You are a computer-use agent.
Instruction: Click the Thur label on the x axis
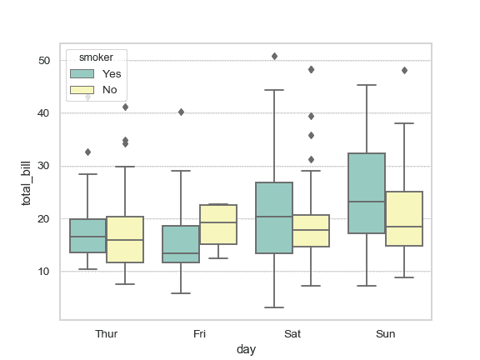(x=107, y=334)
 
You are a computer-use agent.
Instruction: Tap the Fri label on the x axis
(x=199, y=334)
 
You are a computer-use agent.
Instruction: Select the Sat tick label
(x=292, y=334)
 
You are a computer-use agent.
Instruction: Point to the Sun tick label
(x=385, y=334)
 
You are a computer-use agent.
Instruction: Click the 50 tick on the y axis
(x=46, y=61)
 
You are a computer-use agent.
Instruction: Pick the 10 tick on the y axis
(x=46, y=272)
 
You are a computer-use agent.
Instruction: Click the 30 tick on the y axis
(x=46, y=166)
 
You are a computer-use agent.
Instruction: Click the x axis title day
(x=246, y=350)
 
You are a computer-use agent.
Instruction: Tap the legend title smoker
(x=97, y=57)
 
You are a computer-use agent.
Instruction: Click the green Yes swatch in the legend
(x=81, y=73)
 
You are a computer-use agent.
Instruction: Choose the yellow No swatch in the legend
(x=81, y=89)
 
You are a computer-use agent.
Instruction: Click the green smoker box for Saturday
(x=273, y=217)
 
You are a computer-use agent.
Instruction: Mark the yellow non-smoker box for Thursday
(x=125, y=239)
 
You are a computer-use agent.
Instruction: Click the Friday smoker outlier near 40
(x=181, y=112)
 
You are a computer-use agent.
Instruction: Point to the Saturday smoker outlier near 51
(x=274, y=56)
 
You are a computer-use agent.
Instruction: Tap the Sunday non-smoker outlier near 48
(x=404, y=70)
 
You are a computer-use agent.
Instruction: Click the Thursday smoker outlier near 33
(x=87, y=152)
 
